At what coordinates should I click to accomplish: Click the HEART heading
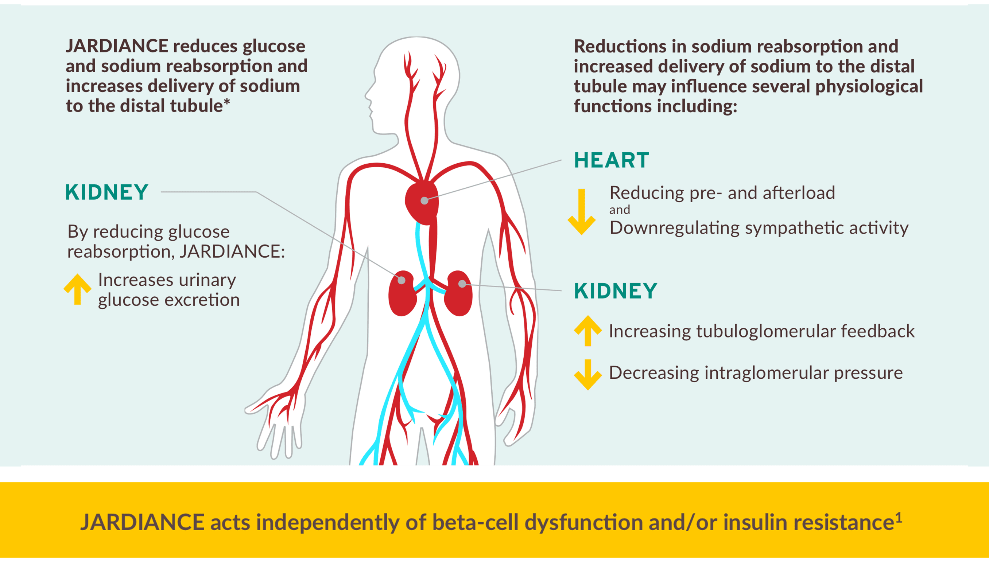[611, 160]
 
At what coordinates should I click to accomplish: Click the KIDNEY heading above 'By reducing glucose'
[106, 192]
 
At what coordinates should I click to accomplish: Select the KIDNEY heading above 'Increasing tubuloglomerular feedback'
[615, 291]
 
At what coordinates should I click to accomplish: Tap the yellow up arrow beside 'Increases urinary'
[77, 289]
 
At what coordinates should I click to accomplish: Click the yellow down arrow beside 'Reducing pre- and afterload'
[582, 212]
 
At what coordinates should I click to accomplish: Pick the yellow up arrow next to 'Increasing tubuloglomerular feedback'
[588, 331]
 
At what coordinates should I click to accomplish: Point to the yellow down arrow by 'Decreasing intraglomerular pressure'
[588, 374]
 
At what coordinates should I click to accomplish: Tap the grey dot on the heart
[424, 201]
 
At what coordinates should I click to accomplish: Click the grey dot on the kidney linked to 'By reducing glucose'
[402, 280]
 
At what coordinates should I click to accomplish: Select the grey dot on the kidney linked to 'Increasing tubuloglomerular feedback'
[462, 284]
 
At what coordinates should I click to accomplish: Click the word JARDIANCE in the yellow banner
[142, 522]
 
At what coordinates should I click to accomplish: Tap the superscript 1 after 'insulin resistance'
[899, 517]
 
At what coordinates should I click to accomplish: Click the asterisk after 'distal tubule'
[227, 102]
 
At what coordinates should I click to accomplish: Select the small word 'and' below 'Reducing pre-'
[620, 210]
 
